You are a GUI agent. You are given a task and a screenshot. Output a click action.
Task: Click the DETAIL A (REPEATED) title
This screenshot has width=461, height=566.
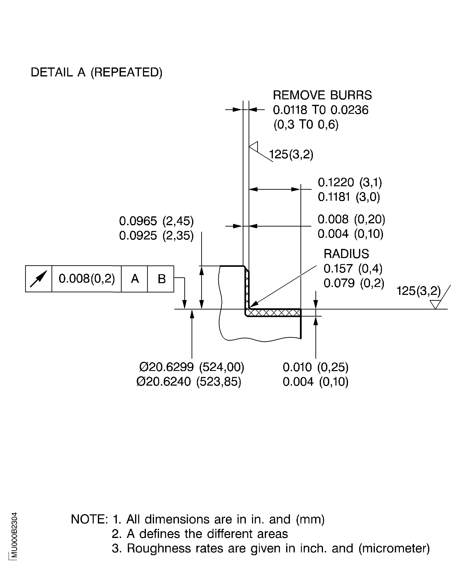[96, 72]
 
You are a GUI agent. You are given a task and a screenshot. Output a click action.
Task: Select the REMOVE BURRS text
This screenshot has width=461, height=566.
[322, 95]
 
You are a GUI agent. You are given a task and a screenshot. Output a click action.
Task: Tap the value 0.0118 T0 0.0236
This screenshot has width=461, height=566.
[321, 110]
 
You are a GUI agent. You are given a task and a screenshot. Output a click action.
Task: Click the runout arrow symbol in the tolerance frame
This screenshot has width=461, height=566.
[39, 279]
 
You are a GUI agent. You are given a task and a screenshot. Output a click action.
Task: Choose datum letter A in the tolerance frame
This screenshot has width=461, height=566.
[135, 279]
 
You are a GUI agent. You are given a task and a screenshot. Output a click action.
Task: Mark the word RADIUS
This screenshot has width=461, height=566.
[346, 254]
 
